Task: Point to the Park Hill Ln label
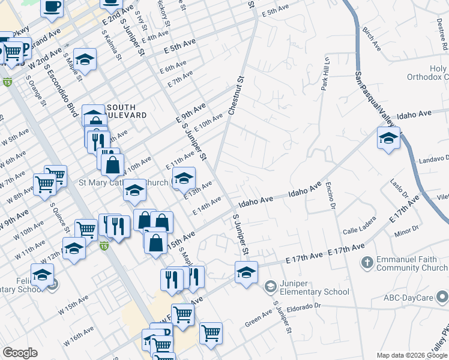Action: coord(327,74)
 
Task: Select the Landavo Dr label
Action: coord(431,158)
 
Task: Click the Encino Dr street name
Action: coord(330,196)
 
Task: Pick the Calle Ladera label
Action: coord(359,228)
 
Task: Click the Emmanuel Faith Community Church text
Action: coord(412,263)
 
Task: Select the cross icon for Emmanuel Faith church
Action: coord(367,263)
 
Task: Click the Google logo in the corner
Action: coord(20,353)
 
